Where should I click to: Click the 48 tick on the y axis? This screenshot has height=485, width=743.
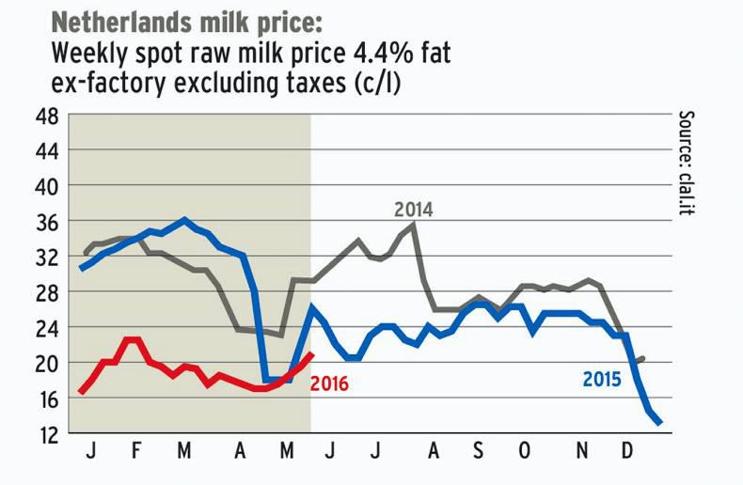click(47, 116)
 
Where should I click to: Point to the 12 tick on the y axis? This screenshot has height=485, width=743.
click(47, 434)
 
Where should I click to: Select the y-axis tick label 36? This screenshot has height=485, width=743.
click(47, 222)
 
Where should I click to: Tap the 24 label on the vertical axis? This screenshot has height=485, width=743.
click(47, 328)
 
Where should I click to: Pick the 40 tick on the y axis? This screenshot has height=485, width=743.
click(47, 186)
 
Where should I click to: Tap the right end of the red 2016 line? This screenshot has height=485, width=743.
click(311, 353)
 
